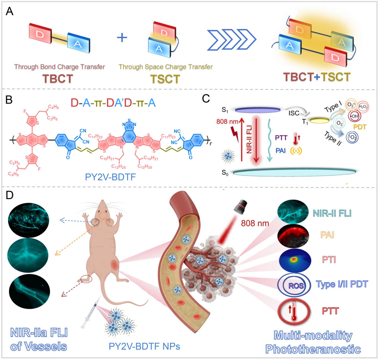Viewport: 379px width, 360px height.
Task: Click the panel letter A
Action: [9, 11]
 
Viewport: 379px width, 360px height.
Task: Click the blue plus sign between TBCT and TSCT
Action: [122, 37]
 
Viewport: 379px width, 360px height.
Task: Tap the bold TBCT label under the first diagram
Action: [57, 79]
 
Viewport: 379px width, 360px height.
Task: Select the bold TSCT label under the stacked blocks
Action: [165, 79]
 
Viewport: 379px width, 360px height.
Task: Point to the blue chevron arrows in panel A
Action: [232, 40]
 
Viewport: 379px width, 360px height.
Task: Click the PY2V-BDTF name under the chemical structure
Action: [110, 177]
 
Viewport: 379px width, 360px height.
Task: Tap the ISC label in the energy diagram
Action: [294, 113]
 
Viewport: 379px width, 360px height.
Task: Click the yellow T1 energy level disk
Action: [320, 120]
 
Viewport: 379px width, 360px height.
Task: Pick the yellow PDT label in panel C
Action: [360, 127]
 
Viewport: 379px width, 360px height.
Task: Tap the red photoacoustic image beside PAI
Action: [293, 236]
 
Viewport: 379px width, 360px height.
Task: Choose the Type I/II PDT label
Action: [342, 284]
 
